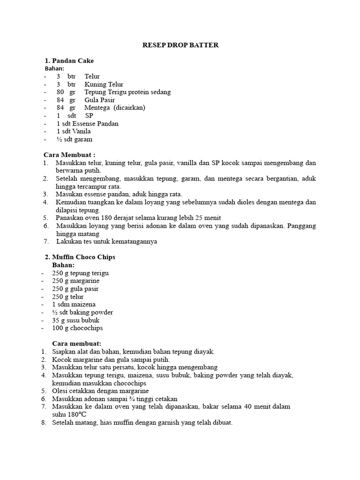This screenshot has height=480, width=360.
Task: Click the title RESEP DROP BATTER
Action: pyautogui.click(x=180, y=45)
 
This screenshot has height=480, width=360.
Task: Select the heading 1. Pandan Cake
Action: pyautogui.click(x=69, y=61)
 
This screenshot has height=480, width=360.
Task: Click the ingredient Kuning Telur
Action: pyautogui.click(x=104, y=84)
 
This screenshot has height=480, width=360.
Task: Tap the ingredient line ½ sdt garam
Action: pyautogui.click(x=75, y=139)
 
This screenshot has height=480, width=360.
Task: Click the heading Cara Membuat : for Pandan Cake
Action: pyautogui.click(x=69, y=155)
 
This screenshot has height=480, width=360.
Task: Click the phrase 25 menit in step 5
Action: pyautogui.click(x=206, y=218)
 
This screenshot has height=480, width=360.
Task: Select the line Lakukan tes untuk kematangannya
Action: pyautogui.click(x=107, y=242)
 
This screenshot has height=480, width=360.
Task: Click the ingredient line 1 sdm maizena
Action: pyautogui.click(x=74, y=304)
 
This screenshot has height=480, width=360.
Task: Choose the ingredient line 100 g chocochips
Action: pyautogui.click(x=77, y=328)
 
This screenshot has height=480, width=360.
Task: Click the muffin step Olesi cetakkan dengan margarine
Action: pyautogui.click(x=101, y=391)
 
